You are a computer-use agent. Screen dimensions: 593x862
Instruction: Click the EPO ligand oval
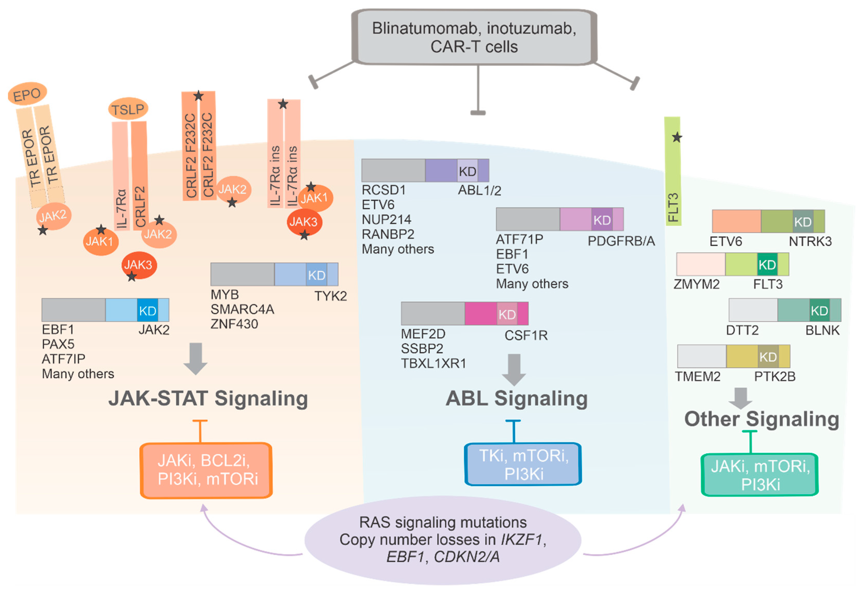point(27,94)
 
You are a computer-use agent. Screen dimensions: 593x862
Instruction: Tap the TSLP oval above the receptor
point(128,109)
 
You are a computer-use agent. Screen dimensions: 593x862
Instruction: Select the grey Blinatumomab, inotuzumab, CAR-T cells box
point(474,37)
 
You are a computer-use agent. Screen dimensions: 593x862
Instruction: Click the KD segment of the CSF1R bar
point(507,314)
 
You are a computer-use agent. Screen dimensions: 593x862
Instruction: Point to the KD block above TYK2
point(317,275)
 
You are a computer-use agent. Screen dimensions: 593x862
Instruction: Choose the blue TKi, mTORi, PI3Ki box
point(523,464)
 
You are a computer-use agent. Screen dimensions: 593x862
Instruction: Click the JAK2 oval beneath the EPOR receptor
point(53,216)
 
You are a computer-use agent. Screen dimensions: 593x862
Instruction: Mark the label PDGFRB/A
point(621,241)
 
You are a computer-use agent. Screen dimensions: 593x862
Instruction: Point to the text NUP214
point(386,219)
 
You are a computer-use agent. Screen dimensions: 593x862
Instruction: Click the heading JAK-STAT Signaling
point(208,398)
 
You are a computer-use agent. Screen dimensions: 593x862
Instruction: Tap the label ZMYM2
point(696,284)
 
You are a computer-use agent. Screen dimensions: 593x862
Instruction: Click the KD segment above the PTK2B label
point(768,357)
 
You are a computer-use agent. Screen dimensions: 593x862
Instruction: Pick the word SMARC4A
point(242,309)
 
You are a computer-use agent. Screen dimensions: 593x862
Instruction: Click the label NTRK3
point(810,241)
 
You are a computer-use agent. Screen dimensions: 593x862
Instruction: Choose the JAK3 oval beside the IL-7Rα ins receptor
point(304,222)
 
